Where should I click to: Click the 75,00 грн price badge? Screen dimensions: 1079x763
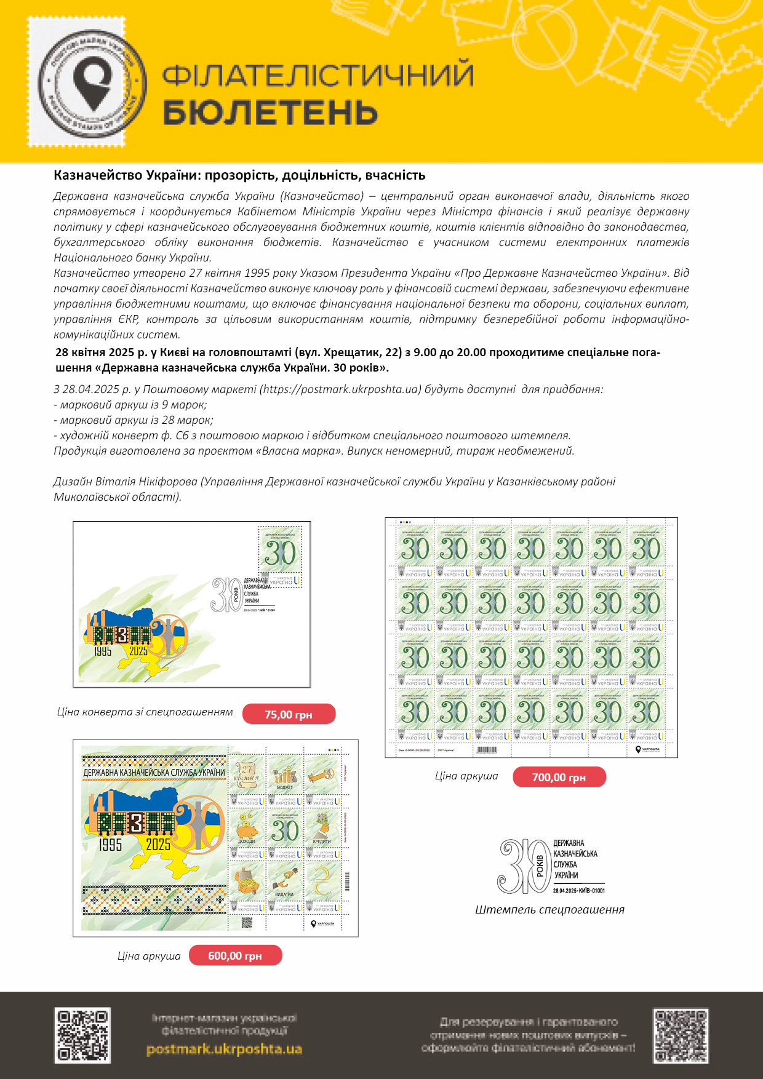[x=289, y=714]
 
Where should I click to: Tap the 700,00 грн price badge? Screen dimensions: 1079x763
[x=559, y=777]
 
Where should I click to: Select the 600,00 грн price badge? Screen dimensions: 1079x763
[x=235, y=955]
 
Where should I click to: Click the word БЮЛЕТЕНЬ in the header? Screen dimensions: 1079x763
[x=270, y=113]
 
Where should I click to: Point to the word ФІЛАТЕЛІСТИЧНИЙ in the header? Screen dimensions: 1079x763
[x=318, y=75]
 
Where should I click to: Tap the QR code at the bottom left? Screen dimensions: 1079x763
[x=83, y=1035]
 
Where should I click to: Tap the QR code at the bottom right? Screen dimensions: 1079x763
[x=680, y=1035]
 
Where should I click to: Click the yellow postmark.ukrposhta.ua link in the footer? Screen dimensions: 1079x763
[x=224, y=1049]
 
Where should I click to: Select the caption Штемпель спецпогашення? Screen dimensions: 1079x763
[x=549, y=910]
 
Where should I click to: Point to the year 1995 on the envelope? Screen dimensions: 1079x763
[x=103, y=651]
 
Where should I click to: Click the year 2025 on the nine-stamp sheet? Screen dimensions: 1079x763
[x=158, y=845]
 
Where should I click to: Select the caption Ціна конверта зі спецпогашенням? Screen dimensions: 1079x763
[x=145, y=712]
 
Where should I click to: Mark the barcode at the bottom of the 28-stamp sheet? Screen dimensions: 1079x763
[x=486, y=749]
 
